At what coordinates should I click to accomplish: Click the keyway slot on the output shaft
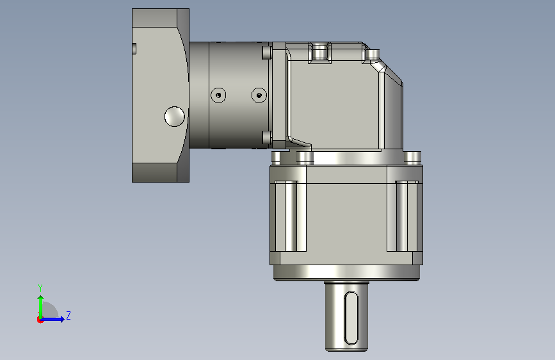coord(351,318)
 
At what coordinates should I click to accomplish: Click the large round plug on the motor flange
coord(175,117)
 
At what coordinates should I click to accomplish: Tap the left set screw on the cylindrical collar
coord(218,95)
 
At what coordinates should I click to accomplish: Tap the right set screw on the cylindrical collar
coord(259,95)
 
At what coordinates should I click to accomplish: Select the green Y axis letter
coord(40,288)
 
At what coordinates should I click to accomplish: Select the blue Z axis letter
coord(68,315)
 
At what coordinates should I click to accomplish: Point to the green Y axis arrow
coord(41,307)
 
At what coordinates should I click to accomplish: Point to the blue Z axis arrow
coord(52,319)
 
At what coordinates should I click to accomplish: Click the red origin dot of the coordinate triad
coord(40,320)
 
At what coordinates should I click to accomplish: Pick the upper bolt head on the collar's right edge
coord(267,53)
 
